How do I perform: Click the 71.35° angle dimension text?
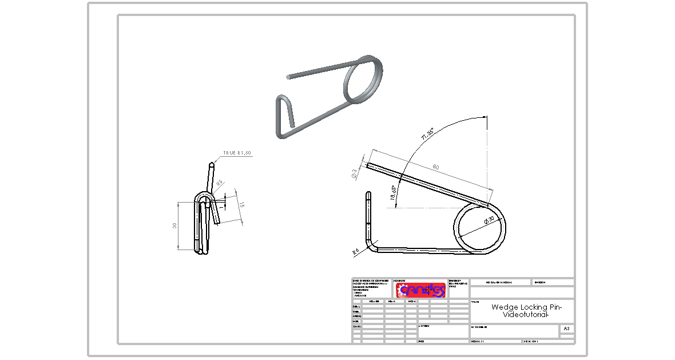(427, 134)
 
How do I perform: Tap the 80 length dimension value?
(435, 167)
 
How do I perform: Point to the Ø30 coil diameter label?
(490, 220)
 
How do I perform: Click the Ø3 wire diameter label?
(355, 174)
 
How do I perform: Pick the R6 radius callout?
(355, 251)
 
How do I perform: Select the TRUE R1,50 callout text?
(237, 153)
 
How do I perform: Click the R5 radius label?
(219, 183)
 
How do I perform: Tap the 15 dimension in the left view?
(242, 205)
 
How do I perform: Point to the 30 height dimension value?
(175, 226)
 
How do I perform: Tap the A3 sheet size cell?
(566, 329)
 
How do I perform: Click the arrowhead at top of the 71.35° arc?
(487, 119)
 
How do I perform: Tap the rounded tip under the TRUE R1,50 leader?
(212, 165)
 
